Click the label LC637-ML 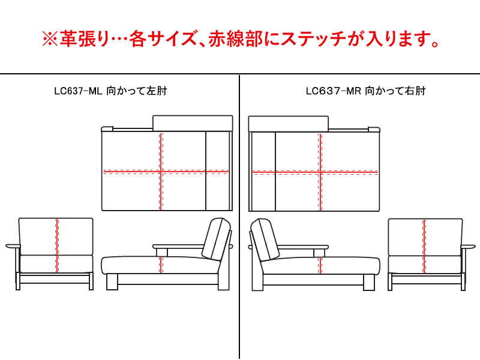click(x=79, y=92)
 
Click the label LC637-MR click(x=328, y=92)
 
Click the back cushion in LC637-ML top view click(x=193, y=123)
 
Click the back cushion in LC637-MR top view click(x=289, y=123)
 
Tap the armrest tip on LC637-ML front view click(x=11, y=245)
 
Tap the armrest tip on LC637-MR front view click(x=469, y=245)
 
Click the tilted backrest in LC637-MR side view click(x=262, y=238)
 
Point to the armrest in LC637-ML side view click(x=179, y=246)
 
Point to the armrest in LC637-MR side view click(x=301, y=246)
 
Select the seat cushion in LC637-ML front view click(x=56, y=263)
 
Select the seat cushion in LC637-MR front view click(x=425, y=263)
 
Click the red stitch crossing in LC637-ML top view click(x=161, y=172)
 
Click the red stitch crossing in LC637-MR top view click(x=320, y=172)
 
